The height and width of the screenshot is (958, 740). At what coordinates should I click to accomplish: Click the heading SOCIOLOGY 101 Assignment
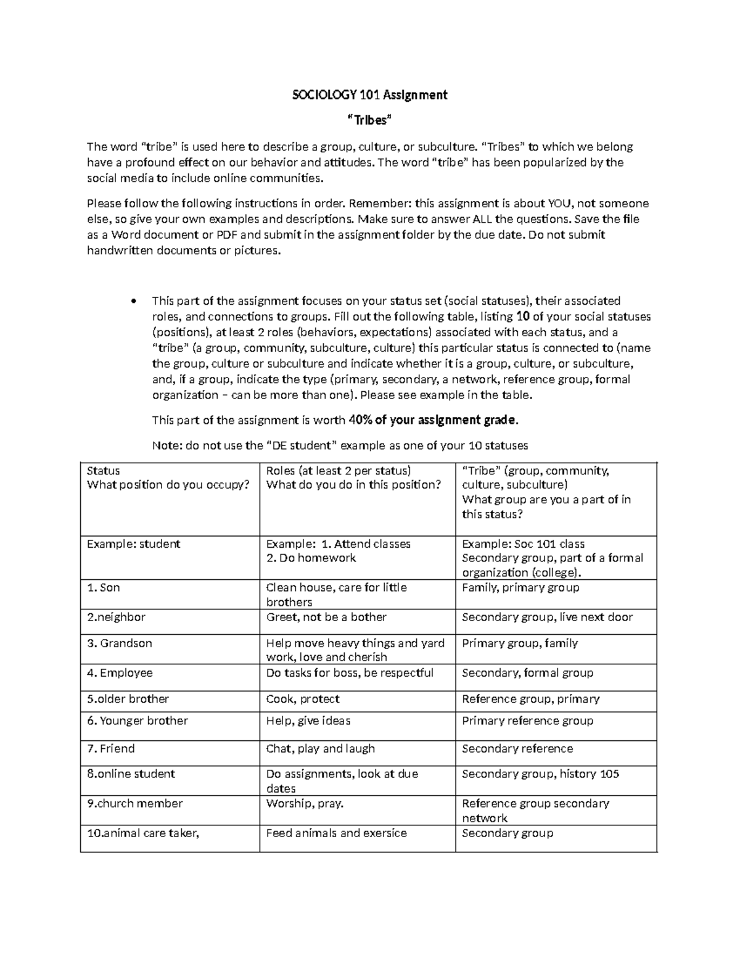tap(369, 95)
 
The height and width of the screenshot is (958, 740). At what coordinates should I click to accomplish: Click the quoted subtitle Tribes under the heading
tap(369, 120)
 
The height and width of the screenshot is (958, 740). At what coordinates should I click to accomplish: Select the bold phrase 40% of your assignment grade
tap(434, 420)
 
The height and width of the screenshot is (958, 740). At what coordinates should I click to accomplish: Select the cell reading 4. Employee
tap(120, 672)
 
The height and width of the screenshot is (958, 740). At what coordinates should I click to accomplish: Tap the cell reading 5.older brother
tap(128, 699)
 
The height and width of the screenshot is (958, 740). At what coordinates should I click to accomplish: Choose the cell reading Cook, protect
tap(303, 699)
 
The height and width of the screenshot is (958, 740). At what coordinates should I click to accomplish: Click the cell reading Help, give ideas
tap(308, 721)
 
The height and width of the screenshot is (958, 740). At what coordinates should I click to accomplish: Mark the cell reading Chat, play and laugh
tap(320, 748)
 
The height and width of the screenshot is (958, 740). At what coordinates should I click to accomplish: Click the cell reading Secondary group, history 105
tap(540, 774)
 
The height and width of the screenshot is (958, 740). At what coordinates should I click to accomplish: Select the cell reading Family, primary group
tap(520, 587)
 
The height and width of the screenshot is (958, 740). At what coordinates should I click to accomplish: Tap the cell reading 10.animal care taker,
tap(143, 833)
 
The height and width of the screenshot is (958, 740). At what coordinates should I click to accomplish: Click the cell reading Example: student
tap(133, 543)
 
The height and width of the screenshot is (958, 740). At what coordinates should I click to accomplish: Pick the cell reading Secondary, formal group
tap(527, 672)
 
